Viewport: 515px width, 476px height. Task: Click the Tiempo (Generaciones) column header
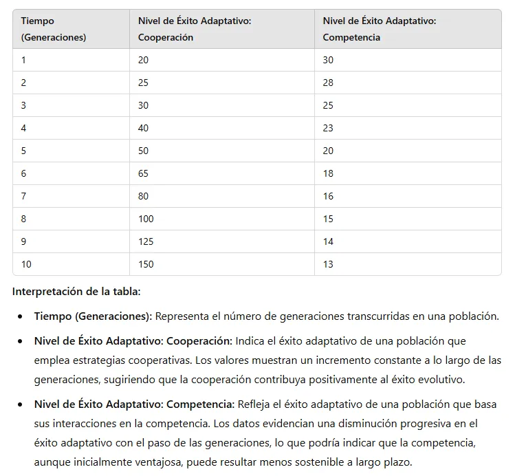coord(54,30)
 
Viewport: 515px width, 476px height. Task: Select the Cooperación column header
coord(195,30)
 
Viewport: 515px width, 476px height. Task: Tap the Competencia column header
coord(380,30)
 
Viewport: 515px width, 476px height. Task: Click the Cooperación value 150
coord(146,264)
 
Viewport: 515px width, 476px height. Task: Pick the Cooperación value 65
coord(143,173)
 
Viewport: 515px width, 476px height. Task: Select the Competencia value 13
coord(328,264)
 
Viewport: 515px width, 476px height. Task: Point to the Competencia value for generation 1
coord(328,60)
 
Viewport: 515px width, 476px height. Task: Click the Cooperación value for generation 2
coord(143,83)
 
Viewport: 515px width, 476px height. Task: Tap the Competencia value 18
coord(328,173)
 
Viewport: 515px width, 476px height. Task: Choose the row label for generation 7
coord(23,196)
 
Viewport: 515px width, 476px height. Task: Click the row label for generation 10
coord(26,264)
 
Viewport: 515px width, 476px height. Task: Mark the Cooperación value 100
coord(146,219)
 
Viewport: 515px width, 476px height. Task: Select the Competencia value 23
coord(328,128)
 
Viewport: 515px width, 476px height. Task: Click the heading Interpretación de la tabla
coord(76,291)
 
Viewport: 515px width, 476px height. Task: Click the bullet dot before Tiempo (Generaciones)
coord(21,317)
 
